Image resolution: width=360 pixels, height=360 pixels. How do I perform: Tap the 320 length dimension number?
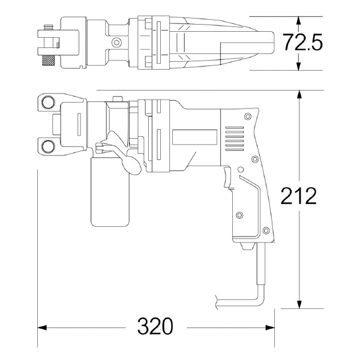click(155, 327)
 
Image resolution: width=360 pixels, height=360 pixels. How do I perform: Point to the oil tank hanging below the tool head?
click(110, 192)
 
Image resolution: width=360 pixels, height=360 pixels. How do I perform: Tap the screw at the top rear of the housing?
click(247, 117)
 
